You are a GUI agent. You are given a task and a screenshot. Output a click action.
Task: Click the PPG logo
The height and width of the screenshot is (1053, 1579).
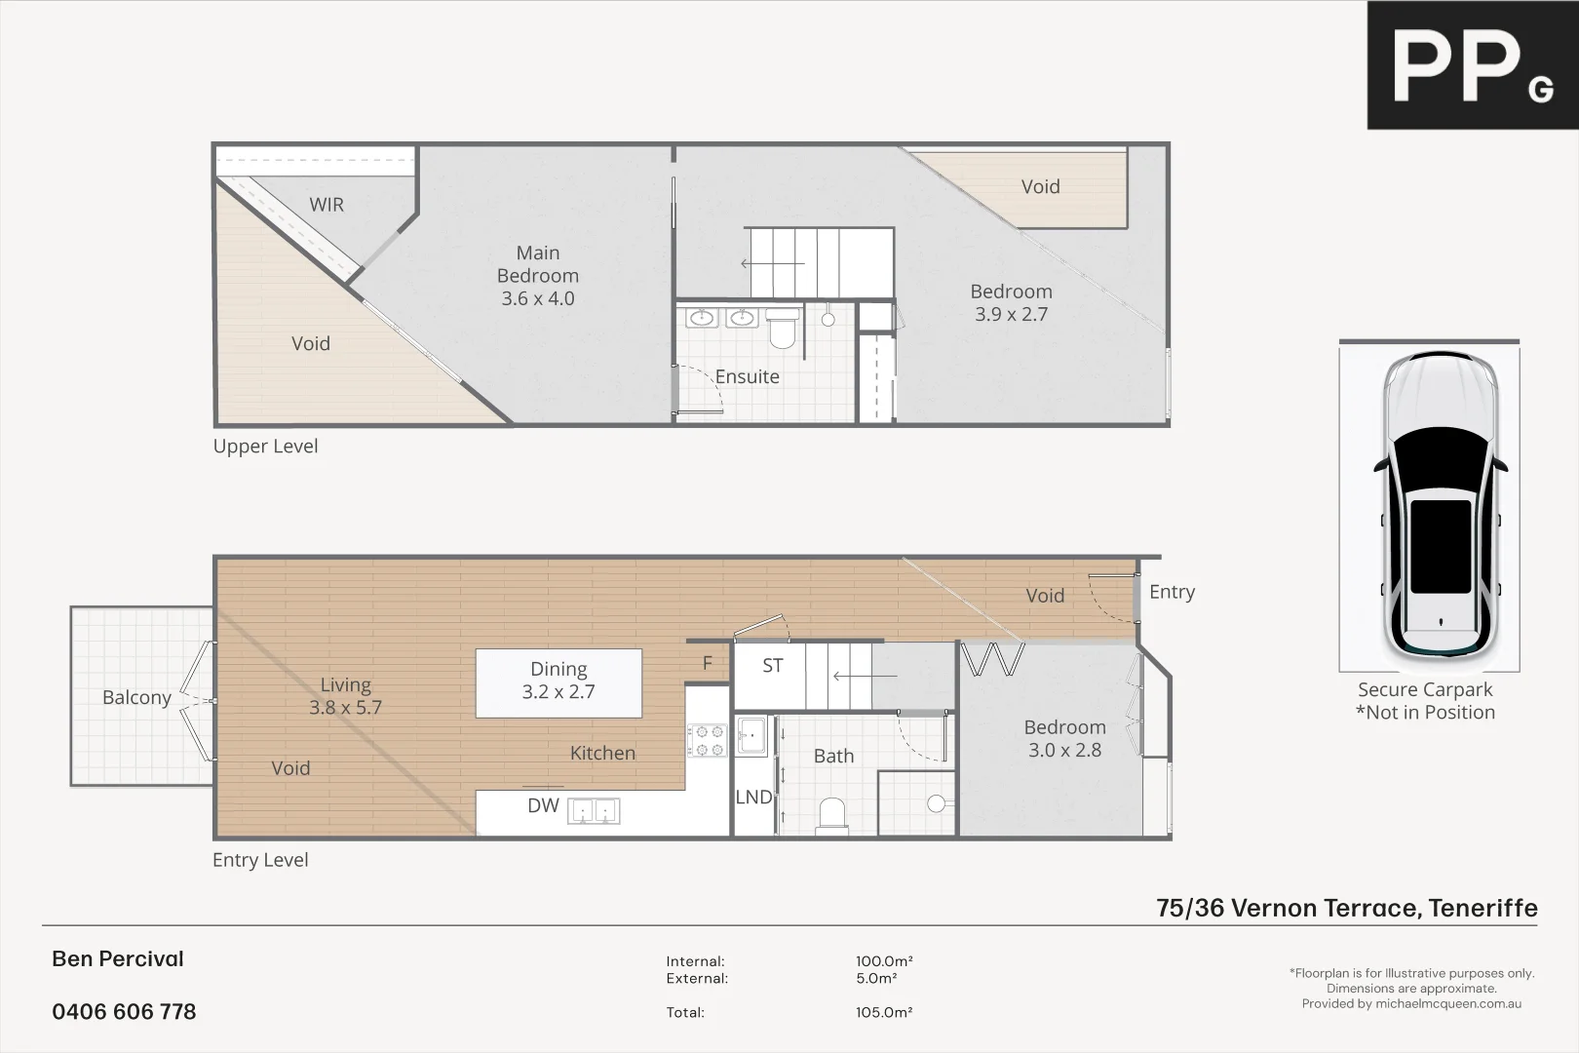1472,65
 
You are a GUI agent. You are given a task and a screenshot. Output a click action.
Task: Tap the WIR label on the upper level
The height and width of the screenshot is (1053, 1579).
327,205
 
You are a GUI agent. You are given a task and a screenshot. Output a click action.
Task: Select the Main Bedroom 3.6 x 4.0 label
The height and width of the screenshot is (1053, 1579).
538,276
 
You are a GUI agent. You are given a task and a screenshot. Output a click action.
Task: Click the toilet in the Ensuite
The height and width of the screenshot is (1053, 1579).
783,330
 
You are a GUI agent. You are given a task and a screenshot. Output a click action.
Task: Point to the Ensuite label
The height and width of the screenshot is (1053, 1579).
747,377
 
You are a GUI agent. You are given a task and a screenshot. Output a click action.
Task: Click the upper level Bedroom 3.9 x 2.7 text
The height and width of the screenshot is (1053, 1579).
1011,303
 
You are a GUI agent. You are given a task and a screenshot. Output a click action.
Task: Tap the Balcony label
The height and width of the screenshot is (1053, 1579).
136,698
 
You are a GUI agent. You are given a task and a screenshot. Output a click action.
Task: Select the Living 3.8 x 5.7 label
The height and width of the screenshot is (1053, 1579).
345,696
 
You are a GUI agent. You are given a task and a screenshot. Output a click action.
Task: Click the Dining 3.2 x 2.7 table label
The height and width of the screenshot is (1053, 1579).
558,681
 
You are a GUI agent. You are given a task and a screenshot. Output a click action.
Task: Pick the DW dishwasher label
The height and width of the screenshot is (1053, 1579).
543,805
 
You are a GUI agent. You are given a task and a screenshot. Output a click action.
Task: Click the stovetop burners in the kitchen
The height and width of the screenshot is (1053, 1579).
707,740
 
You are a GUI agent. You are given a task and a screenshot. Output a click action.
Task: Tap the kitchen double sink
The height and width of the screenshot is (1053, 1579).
594,811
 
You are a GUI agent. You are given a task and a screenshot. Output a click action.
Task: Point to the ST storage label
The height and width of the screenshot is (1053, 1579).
772,666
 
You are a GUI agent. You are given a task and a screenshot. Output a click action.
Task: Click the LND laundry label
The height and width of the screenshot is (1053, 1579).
753,798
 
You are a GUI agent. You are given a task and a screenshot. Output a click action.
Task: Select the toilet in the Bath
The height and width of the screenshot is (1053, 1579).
832,816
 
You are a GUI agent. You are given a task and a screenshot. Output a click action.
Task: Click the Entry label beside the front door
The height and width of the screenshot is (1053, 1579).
1172,592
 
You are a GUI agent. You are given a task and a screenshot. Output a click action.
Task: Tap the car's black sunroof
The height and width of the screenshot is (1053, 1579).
1441,546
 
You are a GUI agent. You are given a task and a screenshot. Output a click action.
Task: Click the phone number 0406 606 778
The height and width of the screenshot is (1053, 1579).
124,1012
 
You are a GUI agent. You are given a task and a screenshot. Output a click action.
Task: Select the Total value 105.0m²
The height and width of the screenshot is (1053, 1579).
884,1013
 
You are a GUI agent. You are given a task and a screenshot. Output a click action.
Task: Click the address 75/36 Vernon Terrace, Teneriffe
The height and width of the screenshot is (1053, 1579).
1346,908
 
